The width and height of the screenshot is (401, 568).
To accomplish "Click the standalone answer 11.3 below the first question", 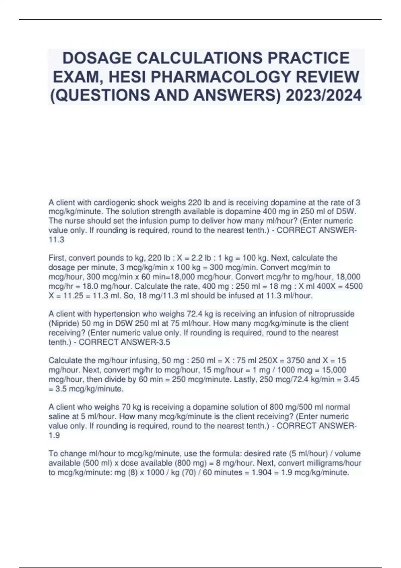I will pyautogui.click(x=56, y=240).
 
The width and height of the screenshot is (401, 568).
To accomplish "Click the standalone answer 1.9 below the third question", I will pyautogui.click(x=54, y=435).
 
